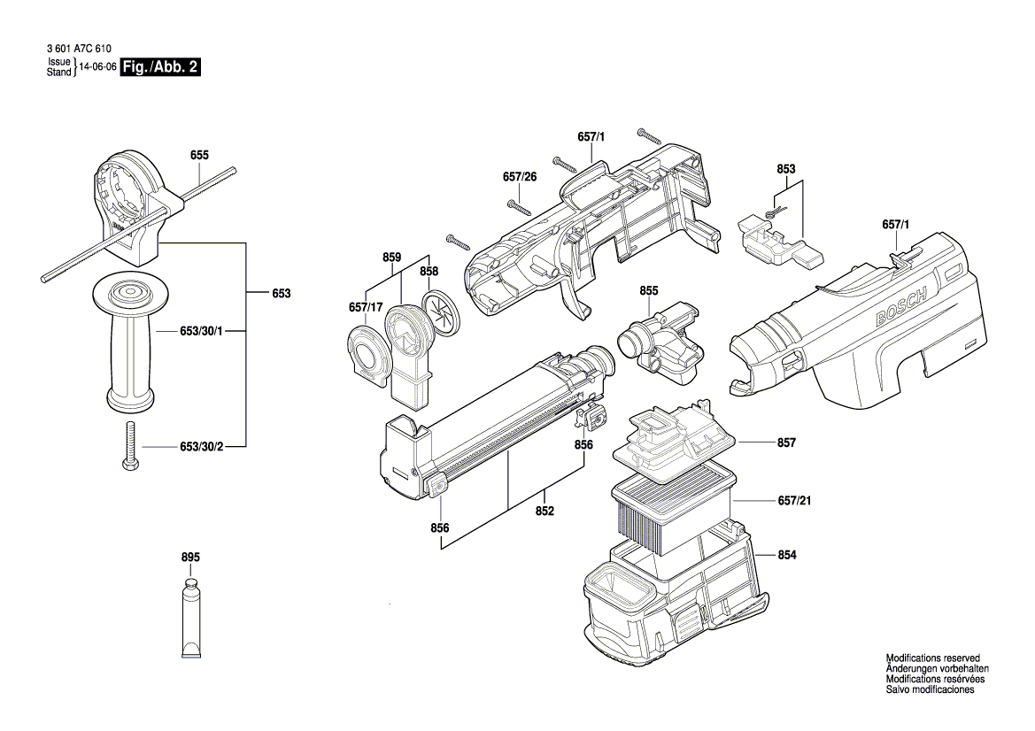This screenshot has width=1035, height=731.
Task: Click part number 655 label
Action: (199, 155)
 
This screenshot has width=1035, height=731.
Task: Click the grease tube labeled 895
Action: (191, 620)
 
